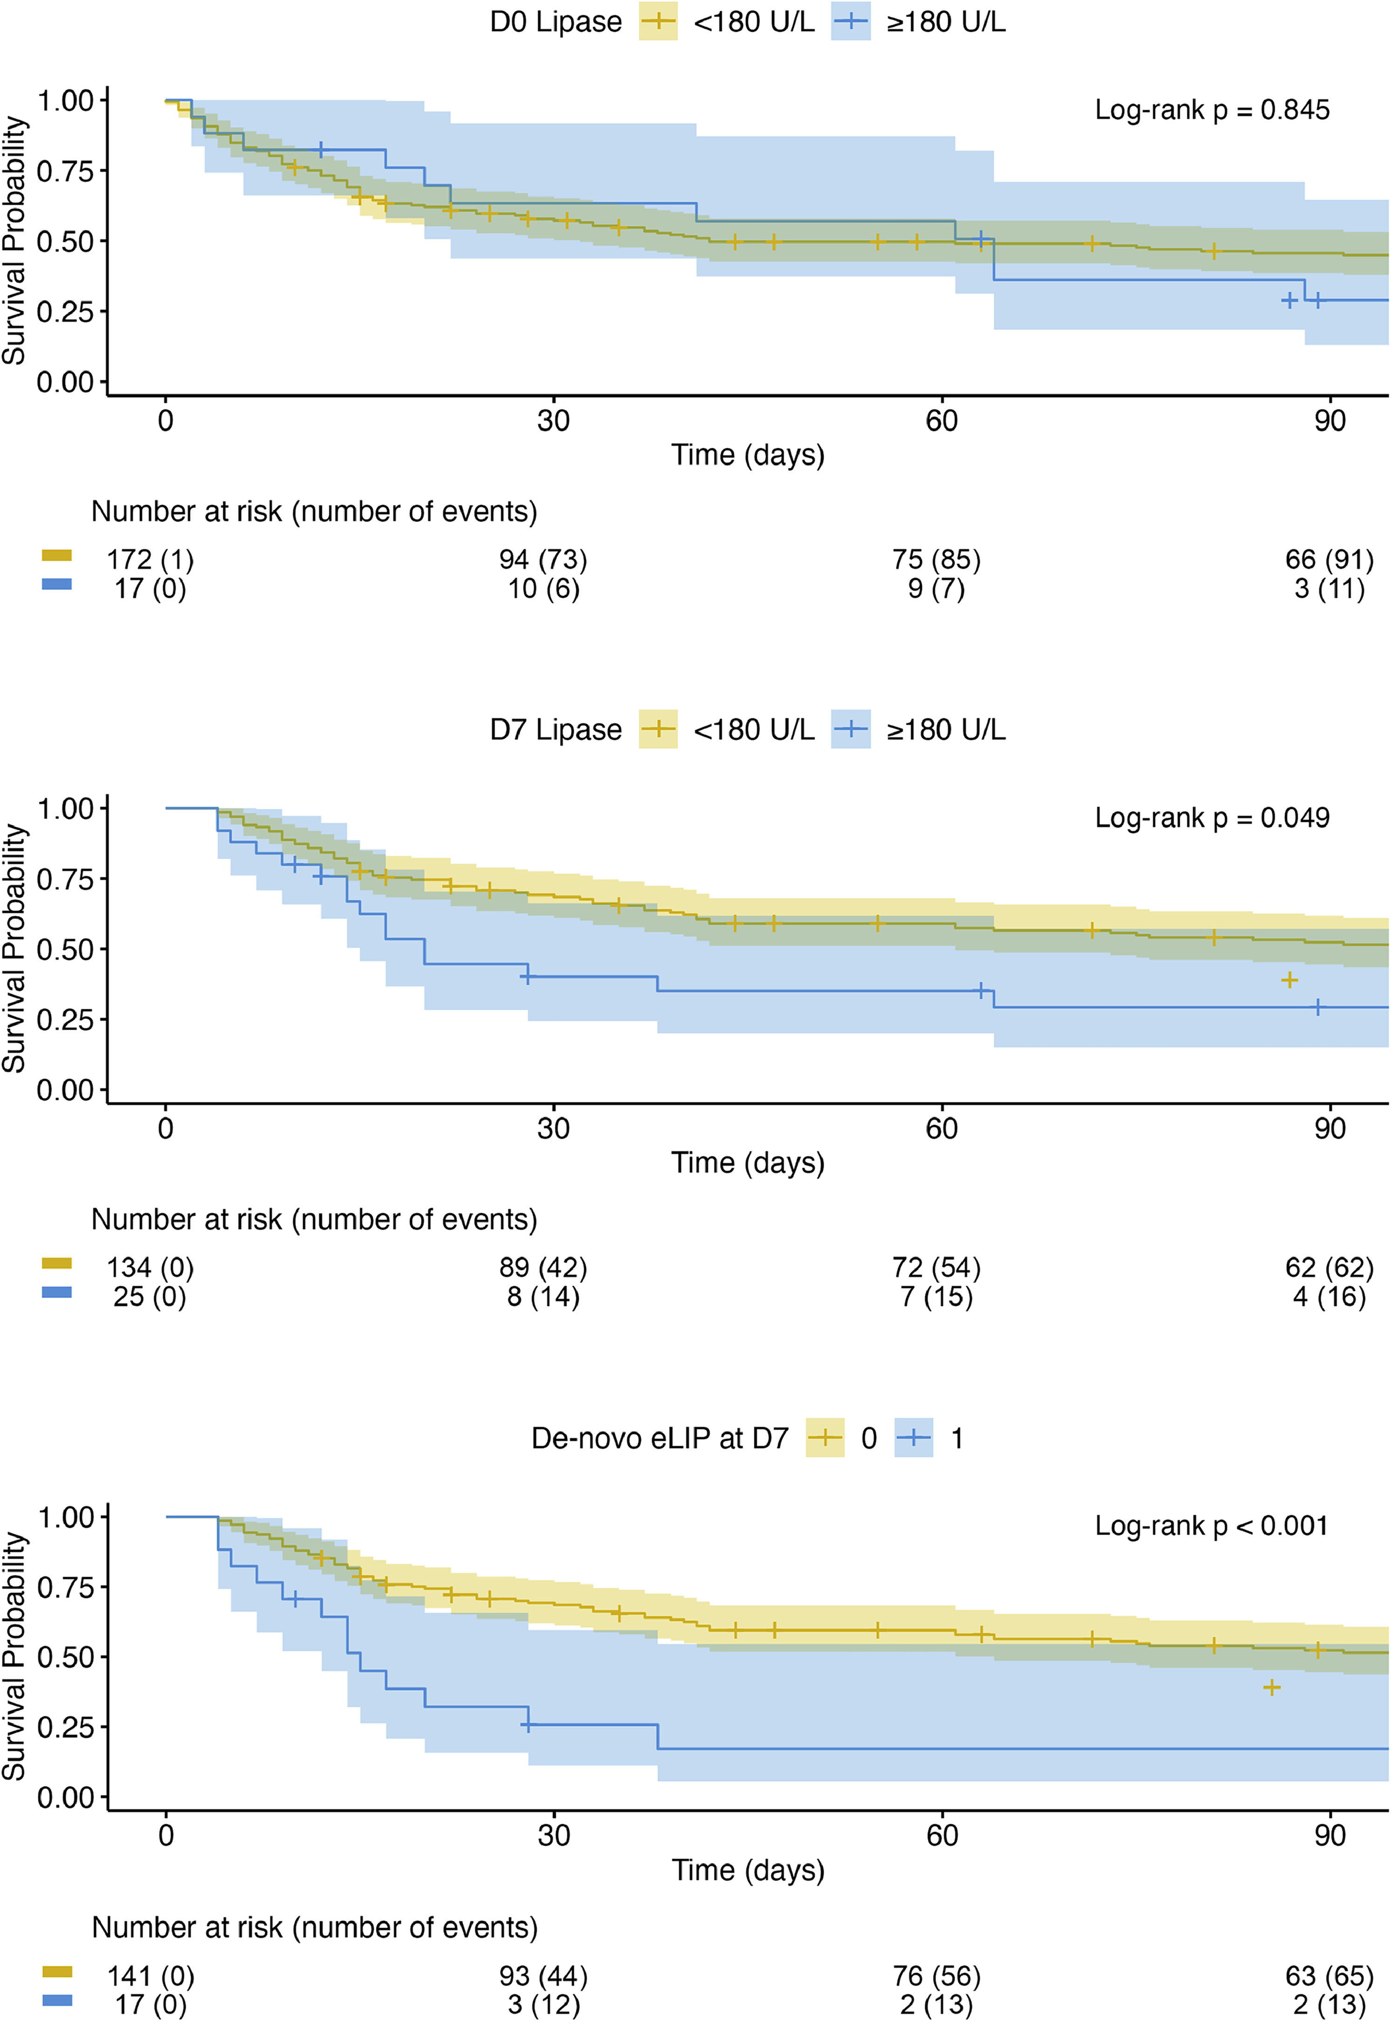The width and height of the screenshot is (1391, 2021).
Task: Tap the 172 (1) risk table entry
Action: click(x=150, y=560)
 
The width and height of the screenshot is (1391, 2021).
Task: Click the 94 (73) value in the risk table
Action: click(x=543, y=560)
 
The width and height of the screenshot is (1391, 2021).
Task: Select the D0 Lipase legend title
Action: click(x=555, y=22)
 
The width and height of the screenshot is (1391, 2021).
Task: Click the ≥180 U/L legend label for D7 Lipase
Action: click(x=946, y=729)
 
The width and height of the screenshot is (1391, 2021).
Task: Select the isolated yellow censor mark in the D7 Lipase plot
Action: click(x=1289, y=980)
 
